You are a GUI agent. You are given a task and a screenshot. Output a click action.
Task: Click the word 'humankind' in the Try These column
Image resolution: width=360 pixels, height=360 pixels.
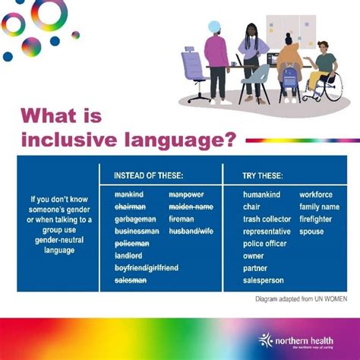[261, 195]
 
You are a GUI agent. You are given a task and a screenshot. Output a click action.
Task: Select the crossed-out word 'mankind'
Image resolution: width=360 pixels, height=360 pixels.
[128, 195]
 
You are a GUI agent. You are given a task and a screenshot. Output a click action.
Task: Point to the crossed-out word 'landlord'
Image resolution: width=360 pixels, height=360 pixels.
[129, 256]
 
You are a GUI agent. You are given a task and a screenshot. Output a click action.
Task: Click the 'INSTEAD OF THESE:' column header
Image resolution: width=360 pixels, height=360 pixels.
[148, 175]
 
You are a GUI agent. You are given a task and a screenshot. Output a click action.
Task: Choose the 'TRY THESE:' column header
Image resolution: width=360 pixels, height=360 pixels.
[263, 175]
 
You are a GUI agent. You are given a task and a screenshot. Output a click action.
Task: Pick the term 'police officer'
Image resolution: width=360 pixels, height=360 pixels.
[266, 244]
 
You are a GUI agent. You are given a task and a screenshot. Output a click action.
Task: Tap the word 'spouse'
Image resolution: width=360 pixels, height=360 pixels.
[311, 231]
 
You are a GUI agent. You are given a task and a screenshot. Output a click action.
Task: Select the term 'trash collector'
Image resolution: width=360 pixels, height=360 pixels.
[267, 219]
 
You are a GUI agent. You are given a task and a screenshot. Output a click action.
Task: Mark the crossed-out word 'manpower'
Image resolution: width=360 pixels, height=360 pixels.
[186, 195]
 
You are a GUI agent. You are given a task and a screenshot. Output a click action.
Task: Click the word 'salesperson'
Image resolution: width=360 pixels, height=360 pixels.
[264, 280]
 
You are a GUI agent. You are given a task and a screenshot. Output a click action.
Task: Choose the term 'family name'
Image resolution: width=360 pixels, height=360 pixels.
[319, 207]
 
